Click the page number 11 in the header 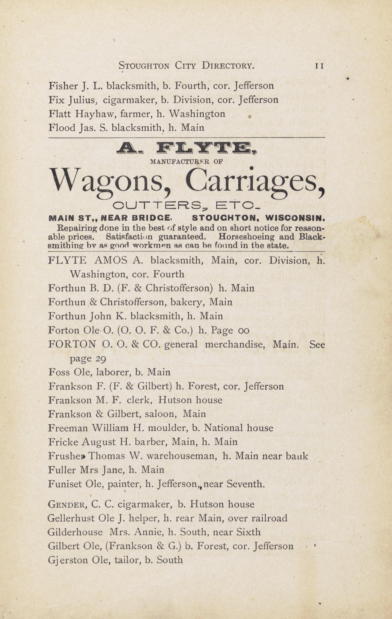[x=319, y=66]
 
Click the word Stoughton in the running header [x=144, y=66]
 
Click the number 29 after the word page [x=101, y=359]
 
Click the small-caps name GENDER [x=67, y=505]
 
